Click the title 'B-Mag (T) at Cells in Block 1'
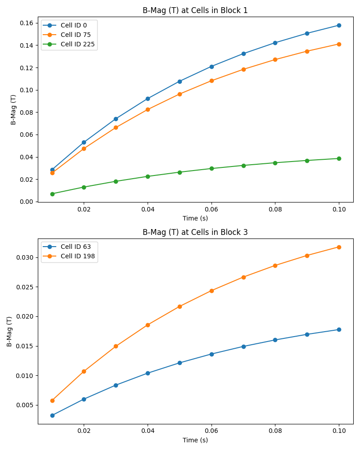coord(195,10)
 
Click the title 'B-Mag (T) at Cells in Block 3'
coord(195,232)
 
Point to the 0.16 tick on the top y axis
coord(26,23)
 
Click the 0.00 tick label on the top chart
coord(26,202)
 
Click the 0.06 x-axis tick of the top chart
coord(211,209)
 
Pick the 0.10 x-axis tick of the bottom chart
coord(339,431)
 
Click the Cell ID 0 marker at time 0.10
coord(339,25)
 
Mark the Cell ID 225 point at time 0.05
coord(180,172)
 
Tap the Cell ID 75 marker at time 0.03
coord(116,127)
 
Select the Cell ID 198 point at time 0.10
coord(339,247)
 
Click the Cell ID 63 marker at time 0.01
coord(52,415)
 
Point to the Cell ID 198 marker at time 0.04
coord(148,325)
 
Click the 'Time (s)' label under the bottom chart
coord(195,440)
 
